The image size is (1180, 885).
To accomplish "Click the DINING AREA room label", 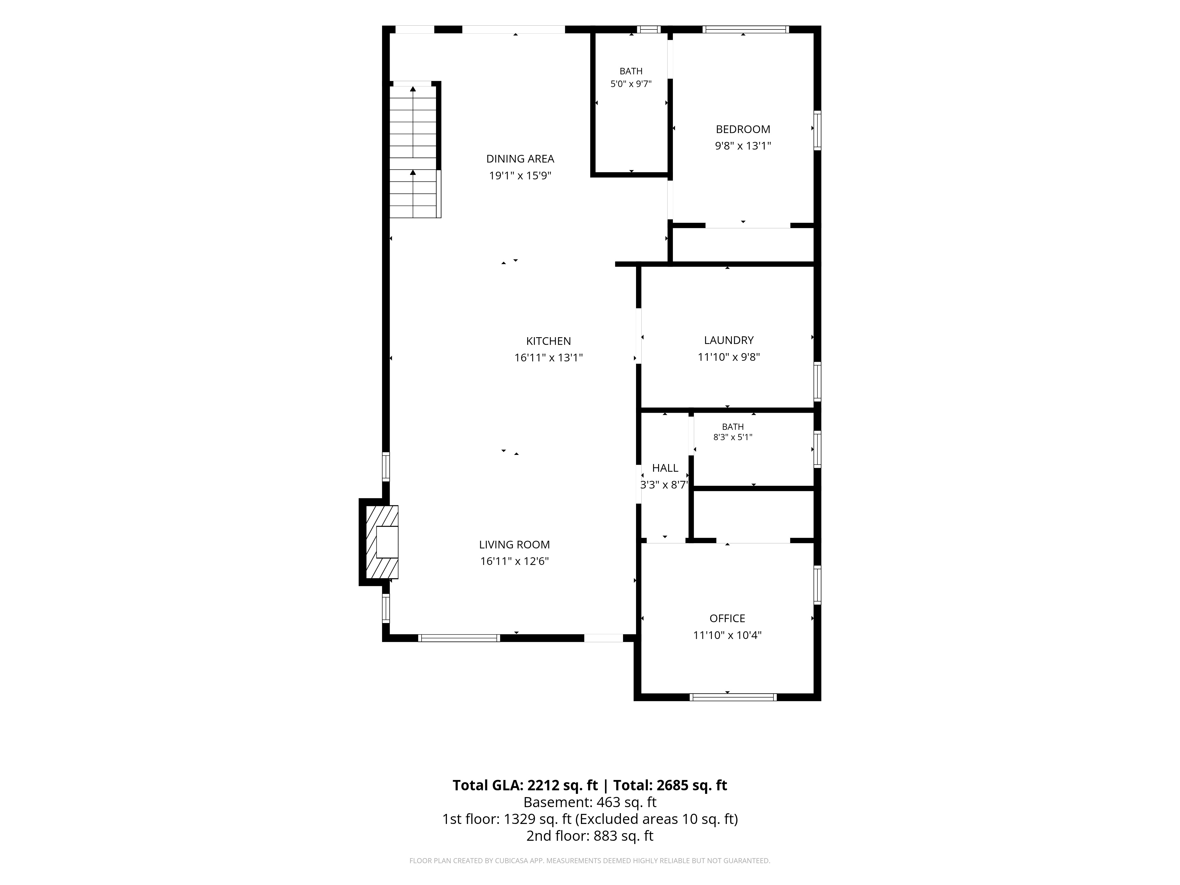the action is [x=520, y=158].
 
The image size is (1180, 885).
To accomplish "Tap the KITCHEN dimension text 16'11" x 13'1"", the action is [x=548, y=358].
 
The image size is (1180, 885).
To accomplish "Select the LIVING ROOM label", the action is [x=514, y=545].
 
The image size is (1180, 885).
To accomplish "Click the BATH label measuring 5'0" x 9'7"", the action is [x=631, y=71].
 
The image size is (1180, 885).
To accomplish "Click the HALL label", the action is [x=665, y=468].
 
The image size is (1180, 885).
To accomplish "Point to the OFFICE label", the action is [x=727, y=618].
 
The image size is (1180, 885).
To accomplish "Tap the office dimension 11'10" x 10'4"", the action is [x=727, y=635].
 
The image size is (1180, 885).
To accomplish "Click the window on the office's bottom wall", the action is [x=733, y=697].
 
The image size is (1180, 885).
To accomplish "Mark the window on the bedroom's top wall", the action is [x=746, y=29].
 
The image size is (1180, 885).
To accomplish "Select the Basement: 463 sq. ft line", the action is [x=590, y=802].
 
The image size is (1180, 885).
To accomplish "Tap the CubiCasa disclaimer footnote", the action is [x=590, y=861].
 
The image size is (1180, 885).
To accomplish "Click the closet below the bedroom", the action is [x=743, y=245].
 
